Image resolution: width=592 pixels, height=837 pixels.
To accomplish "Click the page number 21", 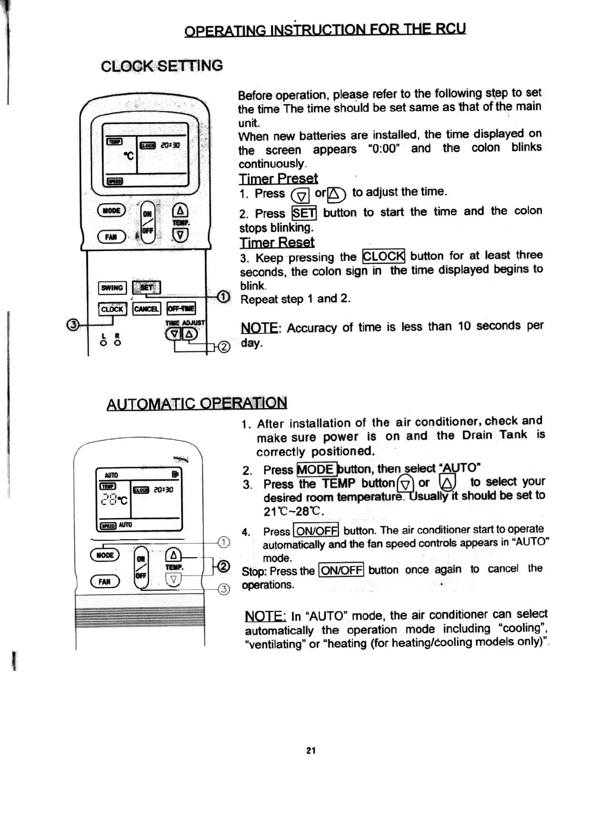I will [x=311, y=751].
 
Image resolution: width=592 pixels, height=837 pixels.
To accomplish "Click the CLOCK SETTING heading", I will [x=162, y=66].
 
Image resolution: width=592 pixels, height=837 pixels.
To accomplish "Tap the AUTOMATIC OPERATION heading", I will [x=197, y=403].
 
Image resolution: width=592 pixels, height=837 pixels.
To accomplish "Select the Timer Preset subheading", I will [x=278, y=178].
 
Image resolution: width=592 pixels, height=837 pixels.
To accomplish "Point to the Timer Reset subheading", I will [x=277, y=242].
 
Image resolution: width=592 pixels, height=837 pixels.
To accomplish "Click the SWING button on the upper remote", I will [x=112, y=288].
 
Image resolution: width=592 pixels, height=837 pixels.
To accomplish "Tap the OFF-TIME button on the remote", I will [x=181, y=309].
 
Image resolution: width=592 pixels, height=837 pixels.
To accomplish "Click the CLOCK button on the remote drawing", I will [x=112, y=309].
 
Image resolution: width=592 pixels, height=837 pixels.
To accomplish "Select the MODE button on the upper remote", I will [x=111, y=210].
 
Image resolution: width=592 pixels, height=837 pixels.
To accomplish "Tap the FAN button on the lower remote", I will [x=104, y=582].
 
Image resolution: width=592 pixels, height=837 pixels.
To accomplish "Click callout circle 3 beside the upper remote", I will [x=73, y=325].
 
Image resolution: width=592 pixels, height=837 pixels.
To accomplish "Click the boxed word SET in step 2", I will [x=304, y=213].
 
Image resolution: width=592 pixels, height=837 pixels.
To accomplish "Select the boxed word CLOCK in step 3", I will [x=384, y=256].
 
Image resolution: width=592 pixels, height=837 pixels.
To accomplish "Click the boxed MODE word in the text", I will [x=316, y=469].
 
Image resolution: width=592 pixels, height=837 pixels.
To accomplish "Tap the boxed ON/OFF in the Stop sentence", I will [x=341, y=570].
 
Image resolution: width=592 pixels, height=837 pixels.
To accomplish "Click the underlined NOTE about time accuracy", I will [x=259, y=328].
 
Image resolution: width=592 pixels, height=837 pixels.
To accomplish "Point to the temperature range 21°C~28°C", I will [x=293, y=511].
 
